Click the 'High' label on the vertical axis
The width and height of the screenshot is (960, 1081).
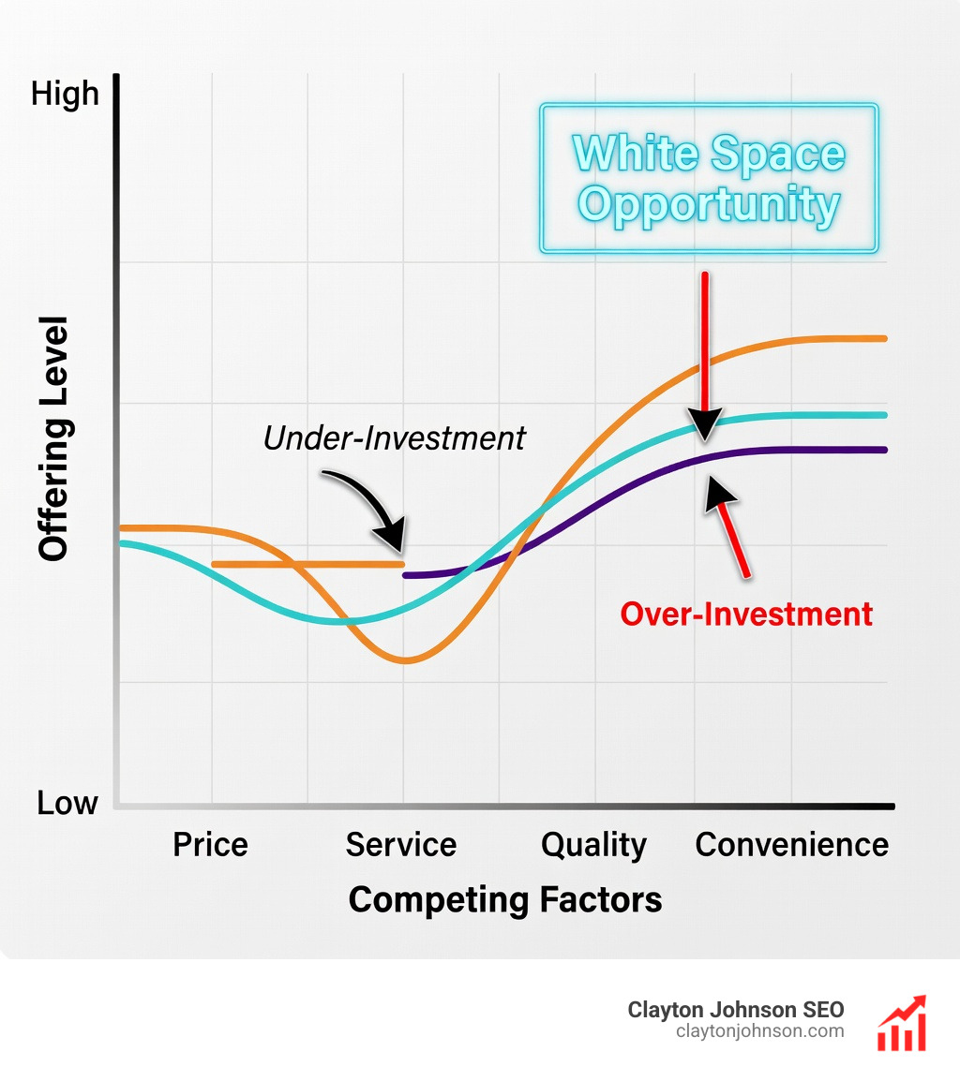tap(65, 94)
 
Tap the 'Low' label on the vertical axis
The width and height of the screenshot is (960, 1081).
tap(67, 803)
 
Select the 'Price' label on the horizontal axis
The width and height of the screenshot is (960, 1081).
tap(210, 844)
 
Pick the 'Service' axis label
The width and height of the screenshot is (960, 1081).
tap(401, 844)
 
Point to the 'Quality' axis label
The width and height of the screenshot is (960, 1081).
tap(593, 844)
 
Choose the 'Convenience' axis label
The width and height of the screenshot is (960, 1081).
tap(792, 844)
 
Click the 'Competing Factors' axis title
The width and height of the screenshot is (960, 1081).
tap(505, 900)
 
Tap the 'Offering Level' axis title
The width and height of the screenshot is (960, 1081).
tap(54, 438)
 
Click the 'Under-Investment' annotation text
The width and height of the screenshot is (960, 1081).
tap(395, 438)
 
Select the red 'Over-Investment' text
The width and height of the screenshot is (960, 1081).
tap(746, 615)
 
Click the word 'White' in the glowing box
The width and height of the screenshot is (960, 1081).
tap(633, 154)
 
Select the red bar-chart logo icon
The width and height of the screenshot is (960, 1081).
tap(902, 1023)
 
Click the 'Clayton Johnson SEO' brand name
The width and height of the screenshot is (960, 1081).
tap(736, 1010)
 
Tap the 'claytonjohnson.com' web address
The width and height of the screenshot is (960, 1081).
tap(759, 1031)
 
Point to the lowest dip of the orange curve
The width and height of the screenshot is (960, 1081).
tap(405, 660)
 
